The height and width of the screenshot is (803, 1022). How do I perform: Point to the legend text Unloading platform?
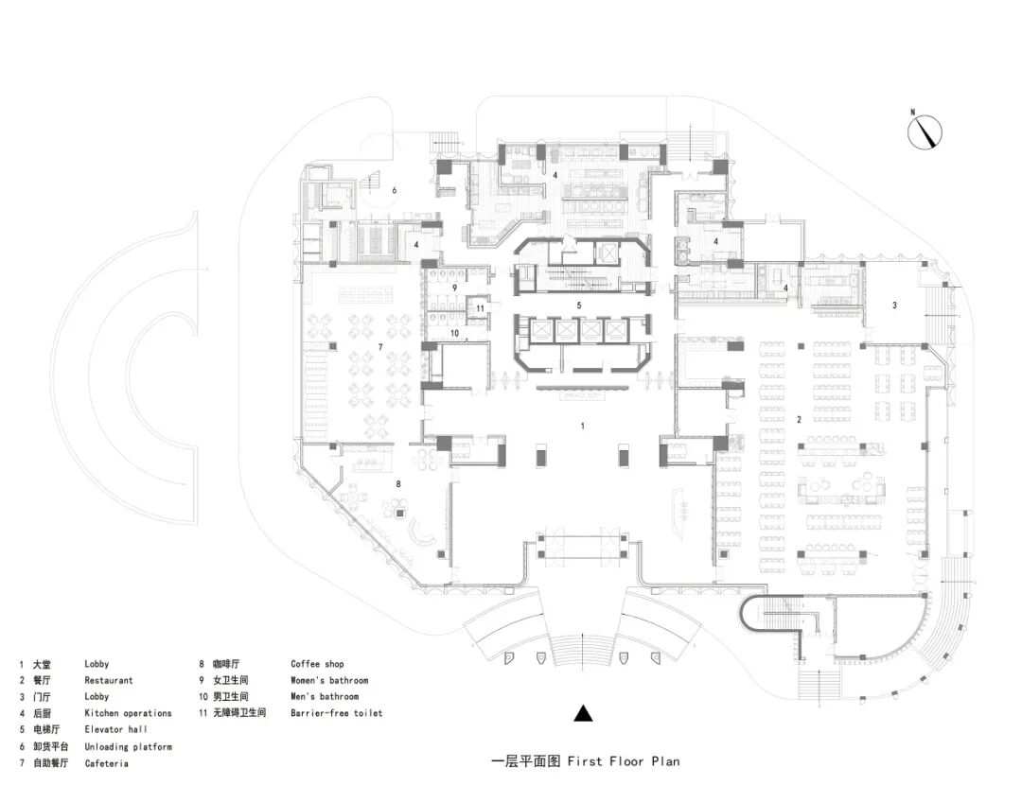point(128,746)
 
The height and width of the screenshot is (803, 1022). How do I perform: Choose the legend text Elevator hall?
point(115,729)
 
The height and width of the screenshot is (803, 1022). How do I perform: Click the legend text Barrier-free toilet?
point(336,713)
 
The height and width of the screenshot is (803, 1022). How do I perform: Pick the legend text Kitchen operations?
point(128,713)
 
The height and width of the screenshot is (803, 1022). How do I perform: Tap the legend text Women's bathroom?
point(329,680)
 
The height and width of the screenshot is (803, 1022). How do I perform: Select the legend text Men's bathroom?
point(325,697)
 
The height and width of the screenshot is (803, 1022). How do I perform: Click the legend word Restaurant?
point(108,680)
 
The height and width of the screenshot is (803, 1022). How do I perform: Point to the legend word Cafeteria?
point(106,763)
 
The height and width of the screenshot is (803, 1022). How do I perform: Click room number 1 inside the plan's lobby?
point(583,427)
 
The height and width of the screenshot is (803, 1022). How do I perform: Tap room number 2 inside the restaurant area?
point(800,418)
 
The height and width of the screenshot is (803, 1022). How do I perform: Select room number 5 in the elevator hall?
point(578,305)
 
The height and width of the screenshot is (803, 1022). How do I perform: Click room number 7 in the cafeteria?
point(379,347)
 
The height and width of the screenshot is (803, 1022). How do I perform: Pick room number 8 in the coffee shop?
point(398,484)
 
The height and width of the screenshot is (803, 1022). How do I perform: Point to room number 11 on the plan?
point(481,307)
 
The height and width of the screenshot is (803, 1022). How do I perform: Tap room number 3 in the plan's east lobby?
point(894,305)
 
